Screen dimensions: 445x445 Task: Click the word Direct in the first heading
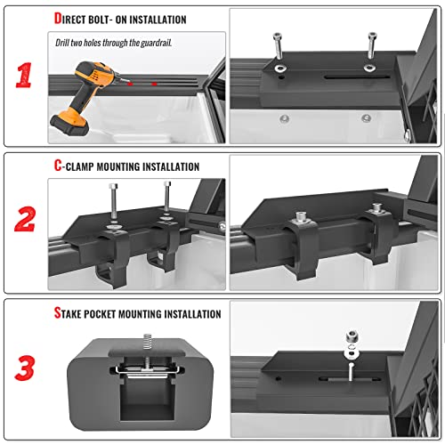tap(72, 19)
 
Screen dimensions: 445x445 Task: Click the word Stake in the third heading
tap(70, 313)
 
